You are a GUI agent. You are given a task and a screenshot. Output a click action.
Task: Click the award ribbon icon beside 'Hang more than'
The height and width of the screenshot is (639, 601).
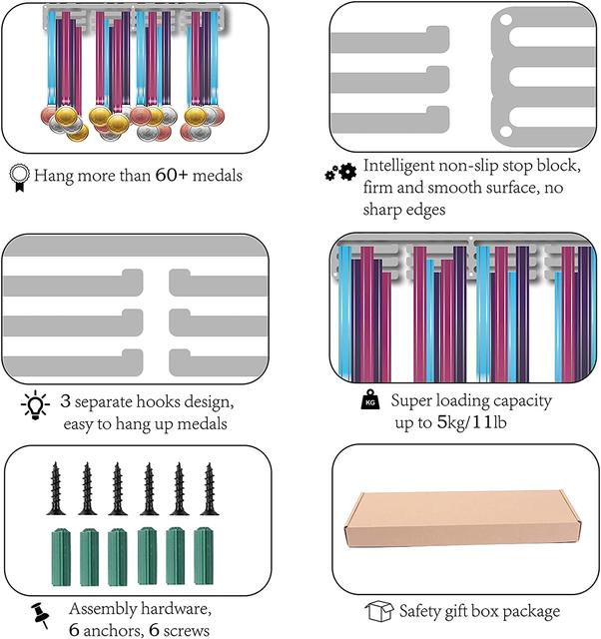click(20, 178)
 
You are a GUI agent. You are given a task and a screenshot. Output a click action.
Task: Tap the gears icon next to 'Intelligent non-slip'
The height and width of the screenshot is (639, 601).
click(340, 172)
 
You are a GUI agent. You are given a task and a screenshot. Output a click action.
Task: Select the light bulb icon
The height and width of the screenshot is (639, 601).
click(35, 405)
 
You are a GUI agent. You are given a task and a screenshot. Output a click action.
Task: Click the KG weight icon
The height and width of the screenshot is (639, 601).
click(370, 399)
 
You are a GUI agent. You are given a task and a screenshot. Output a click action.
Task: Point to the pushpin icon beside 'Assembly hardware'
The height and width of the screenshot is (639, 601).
click(41, 615)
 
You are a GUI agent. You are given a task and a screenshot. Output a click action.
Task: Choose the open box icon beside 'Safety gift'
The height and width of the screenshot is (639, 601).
click(379, 611)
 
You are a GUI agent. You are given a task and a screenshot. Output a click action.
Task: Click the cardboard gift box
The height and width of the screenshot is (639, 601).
click(463, 519)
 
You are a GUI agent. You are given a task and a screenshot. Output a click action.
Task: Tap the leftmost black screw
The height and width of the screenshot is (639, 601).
click(56, 488)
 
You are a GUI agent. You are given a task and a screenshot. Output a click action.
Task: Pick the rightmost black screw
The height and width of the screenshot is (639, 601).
click(210, 488)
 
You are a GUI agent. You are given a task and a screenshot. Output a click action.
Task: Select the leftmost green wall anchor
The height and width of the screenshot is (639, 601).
click(61, 557)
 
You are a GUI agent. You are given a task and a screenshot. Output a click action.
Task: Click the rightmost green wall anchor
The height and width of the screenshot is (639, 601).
click(204, 556)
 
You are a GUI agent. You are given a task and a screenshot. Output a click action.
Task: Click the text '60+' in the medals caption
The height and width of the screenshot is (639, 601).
click(172, 176)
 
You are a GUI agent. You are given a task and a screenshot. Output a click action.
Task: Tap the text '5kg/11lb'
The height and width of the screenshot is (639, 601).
click(471, 422)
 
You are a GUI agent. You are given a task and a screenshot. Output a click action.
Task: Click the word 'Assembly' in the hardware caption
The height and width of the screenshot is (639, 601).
click(103, 610)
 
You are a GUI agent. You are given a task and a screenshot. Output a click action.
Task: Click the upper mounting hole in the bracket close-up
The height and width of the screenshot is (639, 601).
click(505, 20)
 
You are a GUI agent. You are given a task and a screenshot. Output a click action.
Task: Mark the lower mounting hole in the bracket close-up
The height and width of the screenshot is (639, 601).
click(505, 131)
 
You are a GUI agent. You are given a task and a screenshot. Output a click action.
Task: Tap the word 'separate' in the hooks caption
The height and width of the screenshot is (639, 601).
click(104, 402)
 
